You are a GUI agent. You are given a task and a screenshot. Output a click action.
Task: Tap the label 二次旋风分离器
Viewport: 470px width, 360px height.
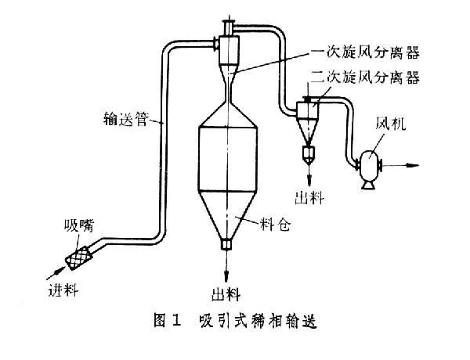[363, 76]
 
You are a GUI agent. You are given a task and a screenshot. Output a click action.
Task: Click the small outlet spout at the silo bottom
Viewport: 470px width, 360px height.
[226, 243]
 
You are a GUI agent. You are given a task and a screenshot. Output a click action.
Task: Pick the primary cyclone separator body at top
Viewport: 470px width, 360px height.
[226, 50]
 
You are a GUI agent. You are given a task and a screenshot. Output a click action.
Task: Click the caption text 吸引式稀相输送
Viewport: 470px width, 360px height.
[258, 319]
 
